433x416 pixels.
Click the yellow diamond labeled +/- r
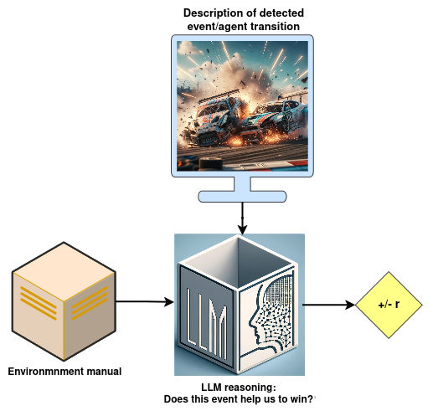(389, 305)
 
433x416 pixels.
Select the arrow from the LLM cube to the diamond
(329, 305)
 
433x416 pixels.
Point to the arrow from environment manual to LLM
(145, 301)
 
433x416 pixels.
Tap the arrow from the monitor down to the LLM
(242, 218)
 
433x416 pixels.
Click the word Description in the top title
(212, 13)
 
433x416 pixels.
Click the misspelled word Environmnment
(46, 372)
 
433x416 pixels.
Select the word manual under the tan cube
(104, 372)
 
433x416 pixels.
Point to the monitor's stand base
(242, 197)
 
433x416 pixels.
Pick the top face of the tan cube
(64, 271)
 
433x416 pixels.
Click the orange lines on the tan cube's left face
(39, 303)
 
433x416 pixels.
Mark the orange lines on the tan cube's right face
(90, 303)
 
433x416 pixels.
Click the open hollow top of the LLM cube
(238, 262)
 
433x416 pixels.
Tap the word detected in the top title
(281, 13)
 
